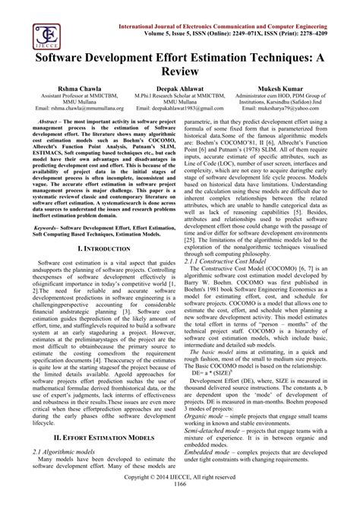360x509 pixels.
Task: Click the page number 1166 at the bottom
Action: [x=179, y=503]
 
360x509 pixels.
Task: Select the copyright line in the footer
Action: [x=179, y=495]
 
